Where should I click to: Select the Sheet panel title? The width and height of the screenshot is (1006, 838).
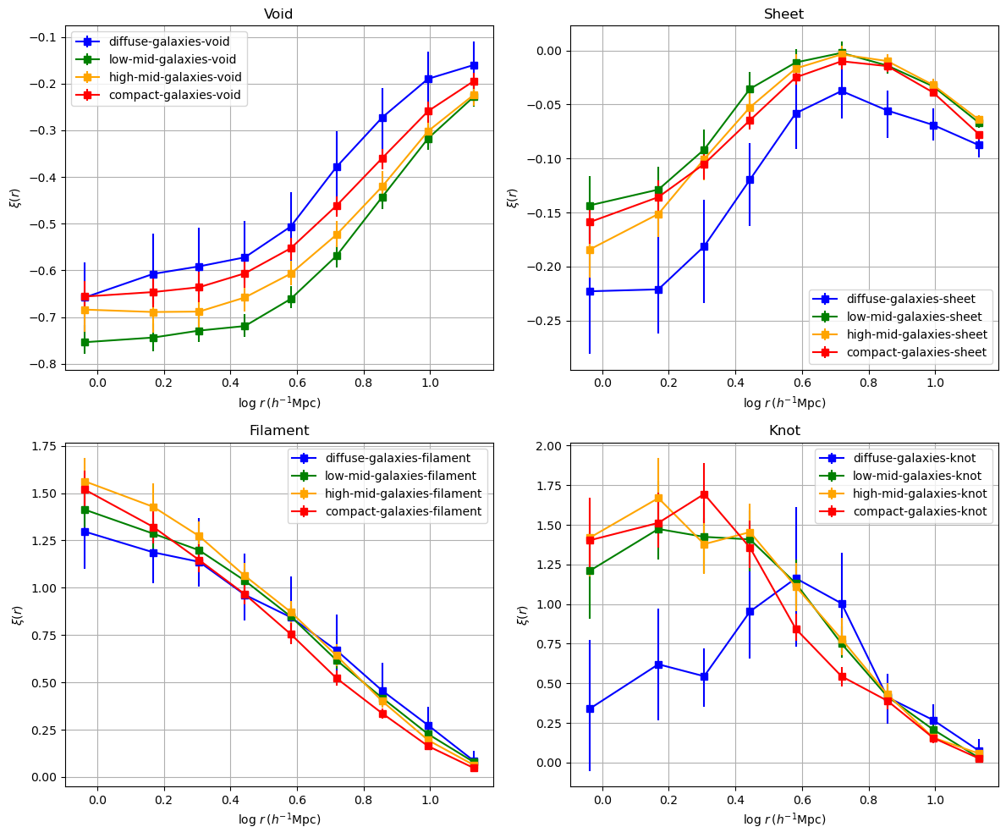pos(783,14)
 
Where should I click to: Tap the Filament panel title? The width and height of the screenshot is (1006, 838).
pos(278,430)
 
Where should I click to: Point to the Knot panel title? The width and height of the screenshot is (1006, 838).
pos(783,430)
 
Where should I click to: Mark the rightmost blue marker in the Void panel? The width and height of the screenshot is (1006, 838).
pos(474,65)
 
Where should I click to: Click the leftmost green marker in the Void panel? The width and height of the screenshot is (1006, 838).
pos(85,342)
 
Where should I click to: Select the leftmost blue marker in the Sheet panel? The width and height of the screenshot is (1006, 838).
pos(590,291)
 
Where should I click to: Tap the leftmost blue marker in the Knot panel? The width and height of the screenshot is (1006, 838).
pos(590,708)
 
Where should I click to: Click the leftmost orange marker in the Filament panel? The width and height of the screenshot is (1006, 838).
pos(85,482)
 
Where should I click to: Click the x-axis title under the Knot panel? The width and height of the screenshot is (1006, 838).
pos(783,819)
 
